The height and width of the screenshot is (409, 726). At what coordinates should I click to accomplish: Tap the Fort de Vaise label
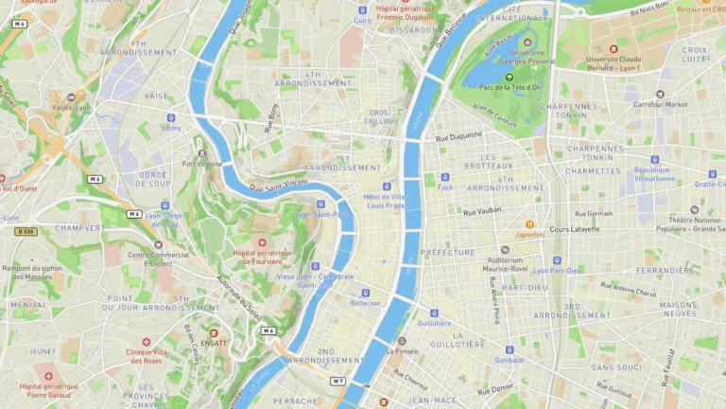coord(202,163)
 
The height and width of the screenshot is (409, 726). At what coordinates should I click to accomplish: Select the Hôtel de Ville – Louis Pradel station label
coord(385,200)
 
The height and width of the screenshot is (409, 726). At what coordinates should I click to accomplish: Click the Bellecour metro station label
coord(366,303)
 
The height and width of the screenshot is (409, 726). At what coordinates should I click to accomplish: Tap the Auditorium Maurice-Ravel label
coord(505,263)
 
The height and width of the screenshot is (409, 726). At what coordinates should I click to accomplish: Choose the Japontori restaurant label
coord(529,235)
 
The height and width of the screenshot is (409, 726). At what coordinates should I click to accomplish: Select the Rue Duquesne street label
coord(458,138)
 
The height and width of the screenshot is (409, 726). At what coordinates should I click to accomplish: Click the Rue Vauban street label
coord(482,211)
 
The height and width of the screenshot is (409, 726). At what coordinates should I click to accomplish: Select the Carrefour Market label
coord(660,104)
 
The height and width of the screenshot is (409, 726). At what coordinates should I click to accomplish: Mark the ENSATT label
coord(214,344)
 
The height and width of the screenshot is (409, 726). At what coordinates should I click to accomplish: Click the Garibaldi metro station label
coord(510,360)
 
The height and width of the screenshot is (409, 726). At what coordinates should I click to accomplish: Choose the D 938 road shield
coord(25,231)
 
